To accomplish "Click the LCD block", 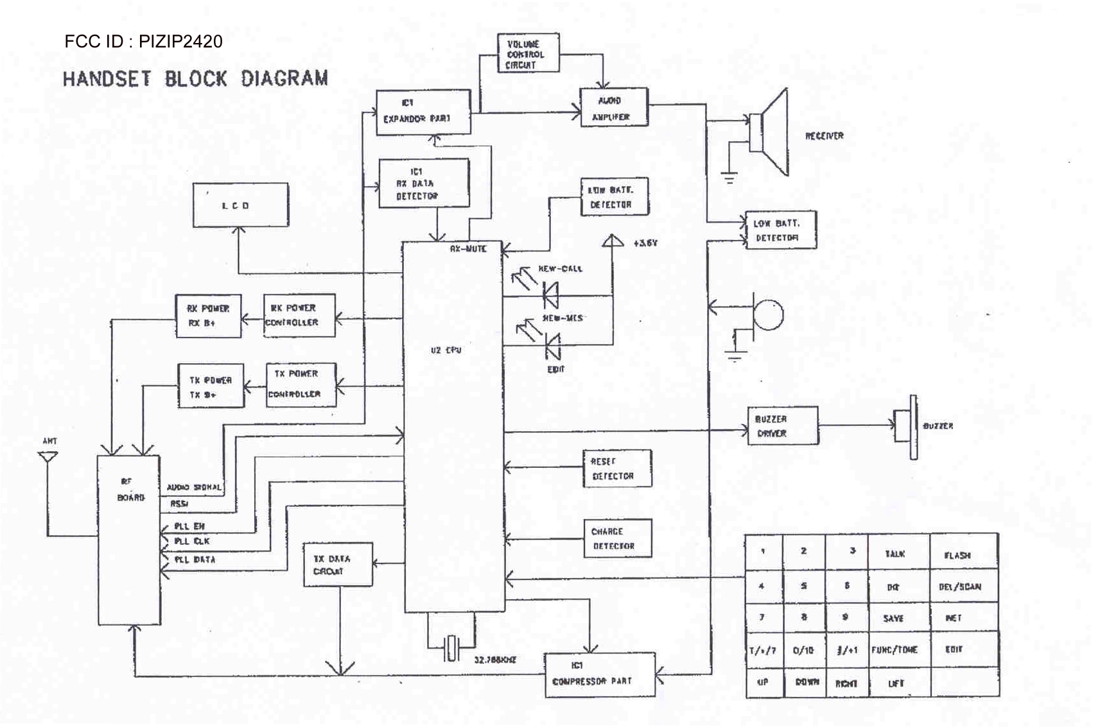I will point(241,205).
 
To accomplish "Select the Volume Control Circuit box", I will point(528,53).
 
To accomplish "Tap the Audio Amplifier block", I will point(613,108).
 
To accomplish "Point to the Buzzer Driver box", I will point(782,425).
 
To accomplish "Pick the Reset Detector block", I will point(616,468).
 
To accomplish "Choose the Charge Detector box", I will point(617,538).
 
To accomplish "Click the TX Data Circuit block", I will point(338,564).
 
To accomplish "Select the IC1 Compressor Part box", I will point(599,674).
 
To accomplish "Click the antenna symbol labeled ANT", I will point(48,457).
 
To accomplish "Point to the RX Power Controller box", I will point(299,315).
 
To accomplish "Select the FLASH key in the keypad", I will point(963,553).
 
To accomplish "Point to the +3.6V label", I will point(645,244).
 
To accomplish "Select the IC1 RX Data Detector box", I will point(423,184).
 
